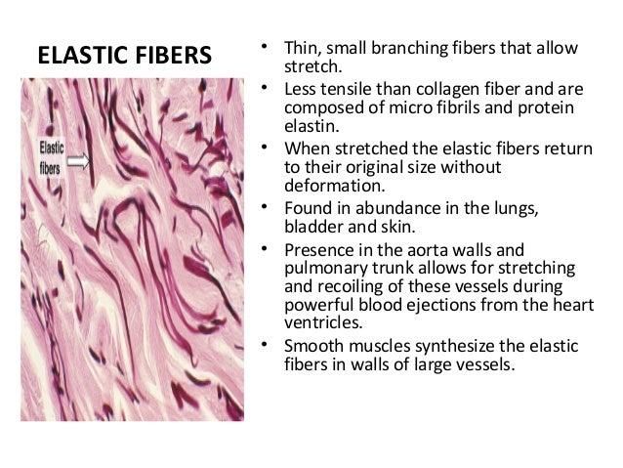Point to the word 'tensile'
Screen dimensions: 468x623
[x=343, y=90]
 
